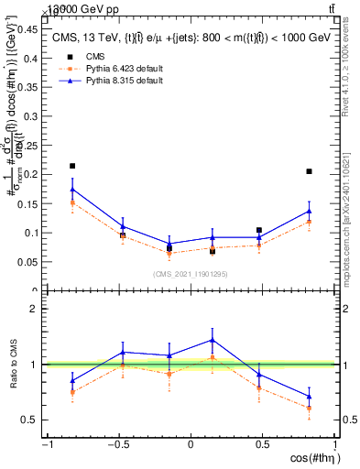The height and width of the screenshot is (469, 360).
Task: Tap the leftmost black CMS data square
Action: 72,166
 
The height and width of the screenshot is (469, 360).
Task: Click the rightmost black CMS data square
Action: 310,171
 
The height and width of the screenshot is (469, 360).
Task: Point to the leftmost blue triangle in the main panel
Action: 72,190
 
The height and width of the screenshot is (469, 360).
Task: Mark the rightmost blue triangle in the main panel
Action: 310,211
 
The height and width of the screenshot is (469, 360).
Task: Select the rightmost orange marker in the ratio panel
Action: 310,408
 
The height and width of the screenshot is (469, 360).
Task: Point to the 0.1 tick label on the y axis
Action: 29,233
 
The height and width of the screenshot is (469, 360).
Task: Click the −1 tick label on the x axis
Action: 46,445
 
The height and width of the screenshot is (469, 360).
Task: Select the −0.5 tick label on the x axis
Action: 116,445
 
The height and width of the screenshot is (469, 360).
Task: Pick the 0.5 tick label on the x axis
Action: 262,445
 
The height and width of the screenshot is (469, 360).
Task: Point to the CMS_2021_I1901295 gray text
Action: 190,273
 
